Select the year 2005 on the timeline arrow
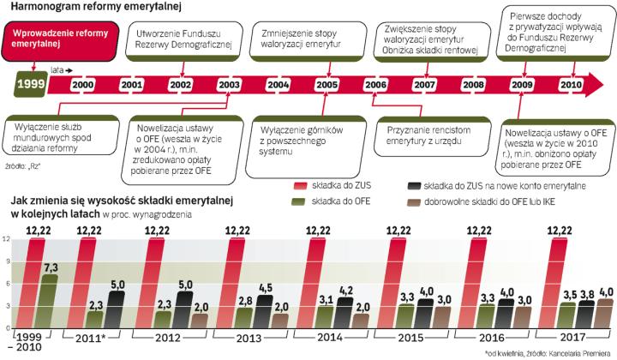326,85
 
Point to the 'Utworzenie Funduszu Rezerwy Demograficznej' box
179,37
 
